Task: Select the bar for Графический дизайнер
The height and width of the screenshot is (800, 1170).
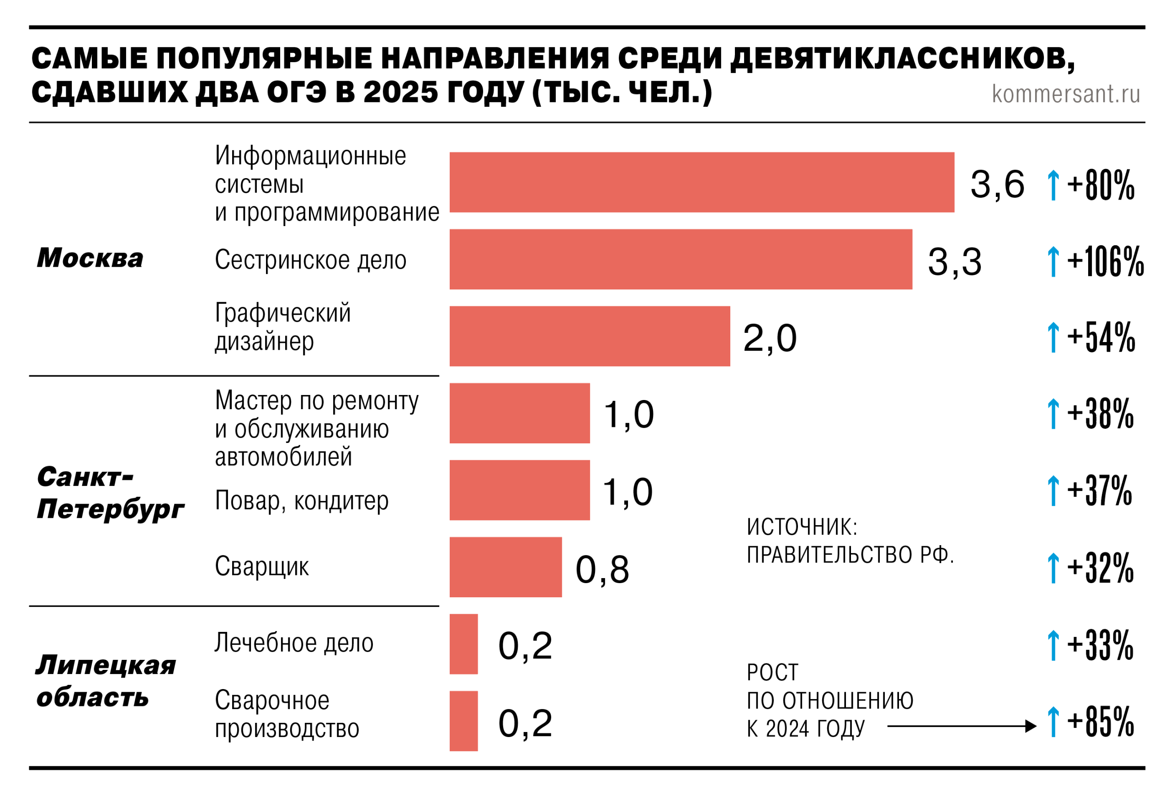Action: click(590, 336)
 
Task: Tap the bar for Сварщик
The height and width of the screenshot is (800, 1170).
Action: click(505, 567)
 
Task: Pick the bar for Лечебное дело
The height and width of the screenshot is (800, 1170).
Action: click(463, 644)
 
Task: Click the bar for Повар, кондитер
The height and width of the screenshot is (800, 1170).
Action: click(520, 490)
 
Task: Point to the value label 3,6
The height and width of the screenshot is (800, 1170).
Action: click(997, 184)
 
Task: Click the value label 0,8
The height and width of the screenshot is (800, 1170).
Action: click(601, 569)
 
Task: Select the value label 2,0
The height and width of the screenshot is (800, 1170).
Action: click(770, 338)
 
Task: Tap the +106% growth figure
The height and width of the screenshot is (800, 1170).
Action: click(1105, 262)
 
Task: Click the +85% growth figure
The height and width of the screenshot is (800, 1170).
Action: click(1100, 721)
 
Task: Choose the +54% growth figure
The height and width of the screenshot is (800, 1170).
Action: click(1101, 337)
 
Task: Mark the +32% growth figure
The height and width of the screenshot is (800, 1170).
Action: click(1100, 568)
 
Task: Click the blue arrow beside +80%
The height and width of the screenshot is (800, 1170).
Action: click(1053, 185)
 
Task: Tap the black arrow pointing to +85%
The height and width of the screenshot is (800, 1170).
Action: click(961, 726)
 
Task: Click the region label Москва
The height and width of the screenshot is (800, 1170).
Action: click(90, 258)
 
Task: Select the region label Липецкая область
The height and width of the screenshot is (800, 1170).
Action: click(105, 681)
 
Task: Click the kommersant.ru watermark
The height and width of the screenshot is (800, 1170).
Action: click(1065, 94)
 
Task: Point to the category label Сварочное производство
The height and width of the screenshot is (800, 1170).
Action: click(287, 714)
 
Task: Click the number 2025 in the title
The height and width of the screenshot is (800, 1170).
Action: click(400, 93)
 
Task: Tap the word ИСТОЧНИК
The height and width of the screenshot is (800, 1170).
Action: click(801, 527)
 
